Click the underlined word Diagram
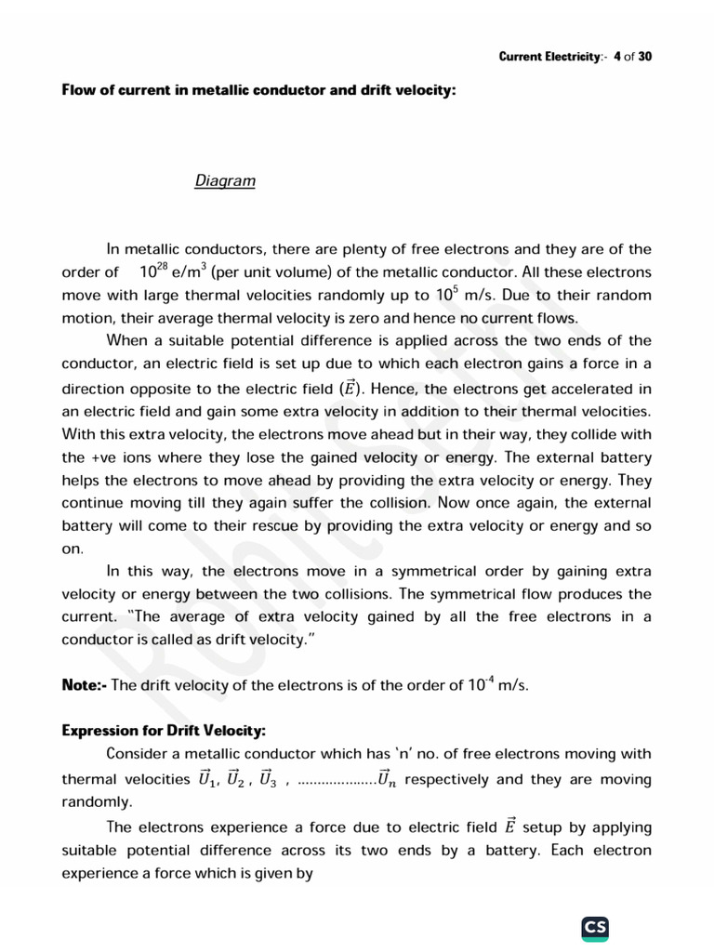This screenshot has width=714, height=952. pyautogui.click(x=225, y=180)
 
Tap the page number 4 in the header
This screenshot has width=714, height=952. pyautogui.click(x=616, y=57)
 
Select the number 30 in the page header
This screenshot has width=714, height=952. pyautogui.click(x=645, y=57)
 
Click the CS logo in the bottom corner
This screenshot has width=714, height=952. pyautogui.click(x=595, y=928)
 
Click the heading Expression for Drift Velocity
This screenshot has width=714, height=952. pyautogui.click(x=164, y=731)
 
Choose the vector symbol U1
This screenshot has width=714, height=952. pyautogui.click(x=210, y=779)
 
